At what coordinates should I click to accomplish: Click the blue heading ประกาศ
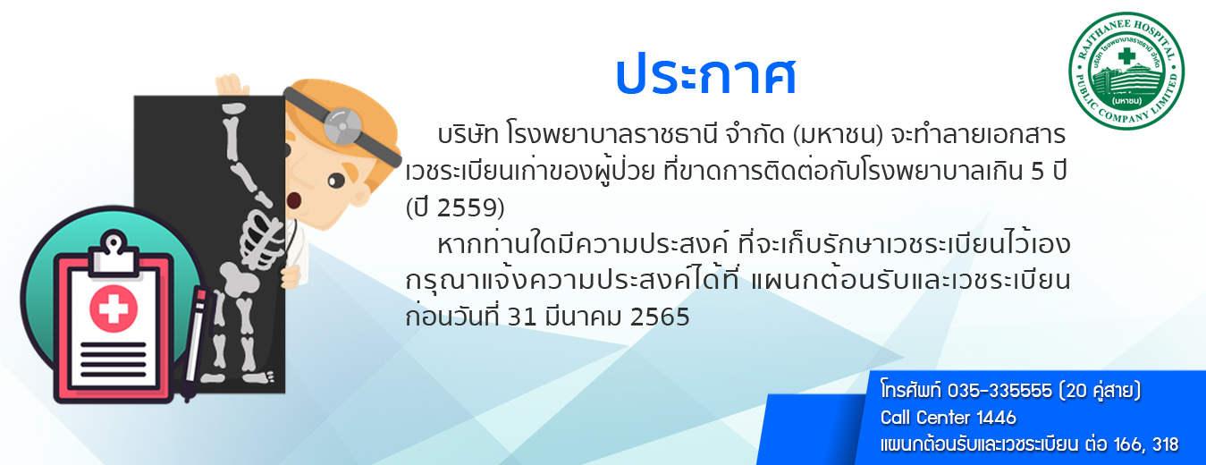point(706,75)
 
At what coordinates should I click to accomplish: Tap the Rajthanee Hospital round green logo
point(1126,72)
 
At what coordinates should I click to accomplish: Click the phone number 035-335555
point(999,391)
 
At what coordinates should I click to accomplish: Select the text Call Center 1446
point(949,418)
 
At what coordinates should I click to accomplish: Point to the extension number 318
point(1165,444)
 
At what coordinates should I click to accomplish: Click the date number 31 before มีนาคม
point(522,317)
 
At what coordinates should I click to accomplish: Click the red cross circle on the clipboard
point(113,309)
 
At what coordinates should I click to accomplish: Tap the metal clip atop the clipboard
point(114,251)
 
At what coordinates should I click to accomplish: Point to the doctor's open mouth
point(293,200)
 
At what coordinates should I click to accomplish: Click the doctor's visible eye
point(336,181)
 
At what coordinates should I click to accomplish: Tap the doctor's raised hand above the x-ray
point(232,85)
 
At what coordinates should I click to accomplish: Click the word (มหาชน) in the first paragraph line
point(839,135)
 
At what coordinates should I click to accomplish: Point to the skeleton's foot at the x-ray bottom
point(262,377)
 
